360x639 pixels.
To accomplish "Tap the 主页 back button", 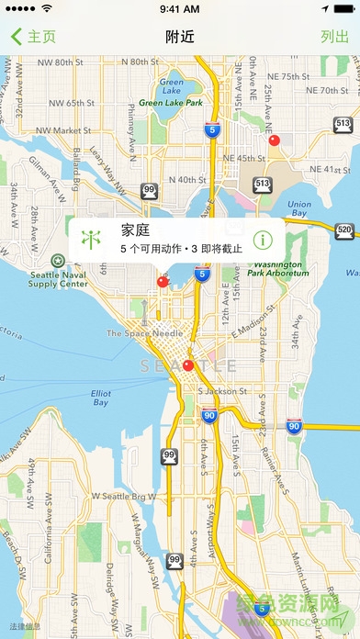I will pos(34,37).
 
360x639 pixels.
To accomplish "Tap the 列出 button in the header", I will pos(334,37).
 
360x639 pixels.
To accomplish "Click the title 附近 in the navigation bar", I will pos(179,37).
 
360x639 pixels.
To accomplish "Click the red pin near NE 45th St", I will pos(273,140).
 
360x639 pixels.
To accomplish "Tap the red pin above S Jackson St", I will pos(188,365).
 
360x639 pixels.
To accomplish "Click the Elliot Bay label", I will pos(100,398).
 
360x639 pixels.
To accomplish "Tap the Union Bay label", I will pos(298,208).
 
